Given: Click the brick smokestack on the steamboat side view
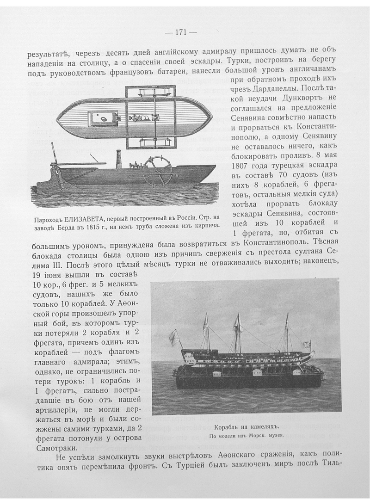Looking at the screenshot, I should (118, 159).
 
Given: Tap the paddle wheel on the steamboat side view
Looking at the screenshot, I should (157, 170).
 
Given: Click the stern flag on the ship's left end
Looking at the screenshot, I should (174, 337).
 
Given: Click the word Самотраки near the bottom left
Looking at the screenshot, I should (51, 448).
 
